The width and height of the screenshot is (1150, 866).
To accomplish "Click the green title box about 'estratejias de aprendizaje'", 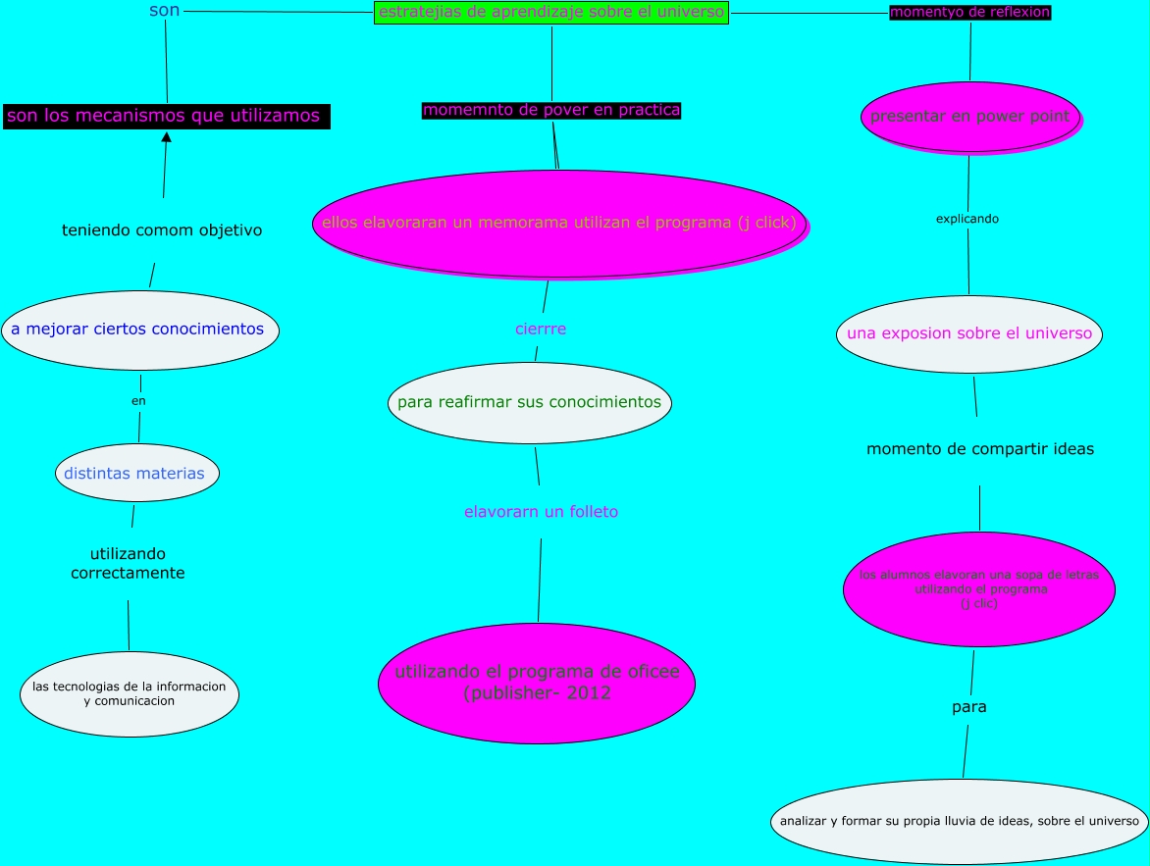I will [x=551, y=12].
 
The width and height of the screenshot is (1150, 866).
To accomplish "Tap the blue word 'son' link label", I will [x=164, y=11].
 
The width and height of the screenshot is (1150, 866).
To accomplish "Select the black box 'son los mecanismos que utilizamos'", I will [x=165, y=116].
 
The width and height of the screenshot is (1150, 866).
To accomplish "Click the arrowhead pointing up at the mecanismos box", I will [x=166, y=137].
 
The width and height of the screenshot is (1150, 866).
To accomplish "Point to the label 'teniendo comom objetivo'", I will [x=162, y=230].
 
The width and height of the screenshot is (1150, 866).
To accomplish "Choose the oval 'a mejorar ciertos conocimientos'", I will [x=138, y=330].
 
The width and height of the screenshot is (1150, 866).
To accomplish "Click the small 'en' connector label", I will [x=138, y=400].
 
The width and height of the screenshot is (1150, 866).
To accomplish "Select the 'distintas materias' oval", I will [x=135, y=474].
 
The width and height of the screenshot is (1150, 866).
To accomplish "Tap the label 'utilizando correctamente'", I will [x=128, y=563].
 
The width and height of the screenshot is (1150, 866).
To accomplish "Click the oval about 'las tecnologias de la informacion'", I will [x=129, y=693].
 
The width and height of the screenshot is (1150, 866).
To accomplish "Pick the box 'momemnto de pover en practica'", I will [x=551, y=110].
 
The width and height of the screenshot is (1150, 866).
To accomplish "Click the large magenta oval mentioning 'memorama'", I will [x=559, y=224].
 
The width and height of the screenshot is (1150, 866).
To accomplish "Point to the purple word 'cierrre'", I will [x=541, y=329].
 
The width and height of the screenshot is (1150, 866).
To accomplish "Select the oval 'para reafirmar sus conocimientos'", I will [x=530, y=402].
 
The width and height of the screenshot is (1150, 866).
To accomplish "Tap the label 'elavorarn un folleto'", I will [x=541, y=512].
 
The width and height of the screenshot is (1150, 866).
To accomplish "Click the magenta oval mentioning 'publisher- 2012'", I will [x=537, y=683].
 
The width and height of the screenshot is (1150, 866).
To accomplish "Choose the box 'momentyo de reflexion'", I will [x=970, y=12].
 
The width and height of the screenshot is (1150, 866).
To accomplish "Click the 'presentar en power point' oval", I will [x=969, y=117].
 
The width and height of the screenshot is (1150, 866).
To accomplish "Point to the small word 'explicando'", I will [x=967, y=219].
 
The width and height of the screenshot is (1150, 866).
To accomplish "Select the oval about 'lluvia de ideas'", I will [x=960, y=822].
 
